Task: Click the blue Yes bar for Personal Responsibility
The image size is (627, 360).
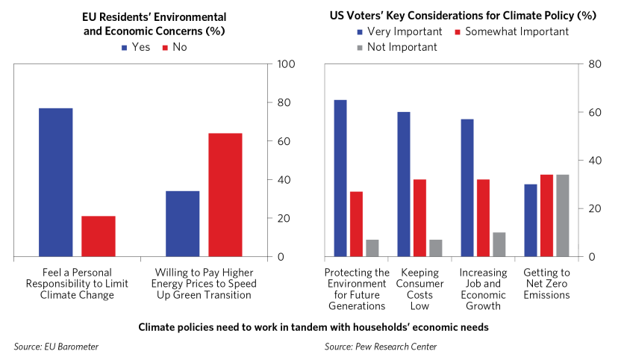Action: (x=56, y=182)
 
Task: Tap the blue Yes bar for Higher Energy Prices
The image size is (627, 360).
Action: (x=183, y=224)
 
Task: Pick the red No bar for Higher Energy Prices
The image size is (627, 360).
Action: (x=225, y=195)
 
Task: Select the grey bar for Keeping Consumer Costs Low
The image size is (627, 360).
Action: (x=435, y=248)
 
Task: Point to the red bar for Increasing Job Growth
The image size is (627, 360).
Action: (x=483, y=218)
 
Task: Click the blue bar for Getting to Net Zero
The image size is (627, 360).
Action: (x=531, y=220)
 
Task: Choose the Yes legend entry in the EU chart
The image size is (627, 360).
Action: (x=135, y=47)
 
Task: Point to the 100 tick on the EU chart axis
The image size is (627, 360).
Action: (x=287, y=64)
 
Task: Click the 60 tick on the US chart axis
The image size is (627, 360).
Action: (x=594, y=113)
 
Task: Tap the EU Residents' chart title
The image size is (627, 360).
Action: (x=154, y=24)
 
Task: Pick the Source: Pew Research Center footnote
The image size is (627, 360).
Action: (x=381, y=347)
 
